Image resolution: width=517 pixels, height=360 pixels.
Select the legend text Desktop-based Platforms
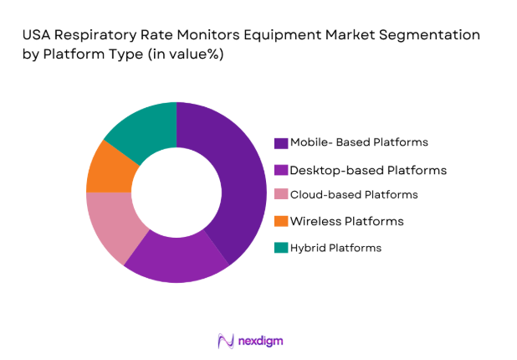[367, 170]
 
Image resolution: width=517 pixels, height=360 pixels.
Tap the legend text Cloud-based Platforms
[353, 194]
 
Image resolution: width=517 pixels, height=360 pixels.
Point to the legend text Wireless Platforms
[346, 221]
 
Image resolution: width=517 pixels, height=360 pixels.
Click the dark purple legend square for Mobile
[281, 142]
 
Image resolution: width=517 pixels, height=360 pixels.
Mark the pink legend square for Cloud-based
[281, 195]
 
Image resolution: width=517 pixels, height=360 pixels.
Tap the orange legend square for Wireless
[281, 221]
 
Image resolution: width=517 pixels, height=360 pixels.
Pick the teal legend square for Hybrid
[281, 248]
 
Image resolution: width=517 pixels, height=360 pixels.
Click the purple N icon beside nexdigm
[225, 340]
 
